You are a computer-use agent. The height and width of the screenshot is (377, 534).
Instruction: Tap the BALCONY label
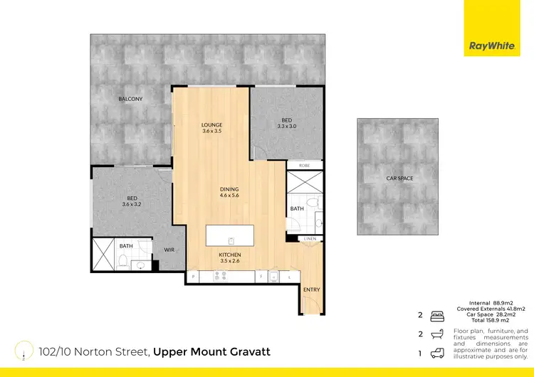(131, 100)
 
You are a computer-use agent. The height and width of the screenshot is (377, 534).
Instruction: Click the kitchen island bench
(231, 235)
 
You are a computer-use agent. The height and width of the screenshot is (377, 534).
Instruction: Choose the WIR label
(169, 250)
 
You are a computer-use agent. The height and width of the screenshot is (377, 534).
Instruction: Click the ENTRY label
(311, 290)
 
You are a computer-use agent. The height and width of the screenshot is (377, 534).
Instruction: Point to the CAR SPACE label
(399, 178)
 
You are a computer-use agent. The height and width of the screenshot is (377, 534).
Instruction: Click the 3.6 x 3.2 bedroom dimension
(132, 204)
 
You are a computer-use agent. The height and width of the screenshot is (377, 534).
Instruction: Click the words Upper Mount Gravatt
(211, 352)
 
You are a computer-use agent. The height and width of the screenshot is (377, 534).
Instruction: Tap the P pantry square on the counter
(193, 275)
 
